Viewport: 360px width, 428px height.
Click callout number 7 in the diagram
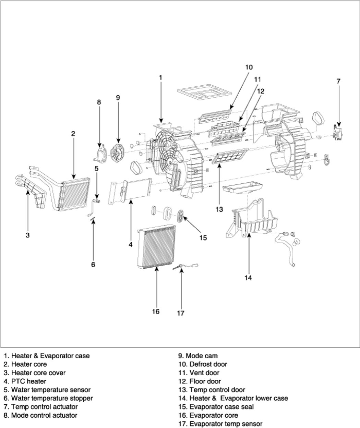pyautogui.click(x=338, y=81)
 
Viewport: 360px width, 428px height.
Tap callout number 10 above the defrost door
pyautogui.click(x=249, y=67)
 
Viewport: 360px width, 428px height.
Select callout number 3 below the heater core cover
pyautogui.click(x=28, y=235)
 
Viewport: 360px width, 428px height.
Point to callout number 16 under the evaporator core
pyautogui.click(x=156, y=311)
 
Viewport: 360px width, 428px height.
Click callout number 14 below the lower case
pyautogui.click(x=248, y=278)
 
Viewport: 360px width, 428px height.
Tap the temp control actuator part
pyautogui.click(x=337, y=133)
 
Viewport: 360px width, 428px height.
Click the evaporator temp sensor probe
pyautogui.click(x=185, y=267)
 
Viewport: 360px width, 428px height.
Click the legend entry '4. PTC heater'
pyautogui.click(x=25, y=381)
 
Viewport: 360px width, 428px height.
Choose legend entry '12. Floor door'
pyautogui.click(x=200, y=381)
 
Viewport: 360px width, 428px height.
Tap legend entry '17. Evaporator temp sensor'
pyautogui.click(x=220, y=424)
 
